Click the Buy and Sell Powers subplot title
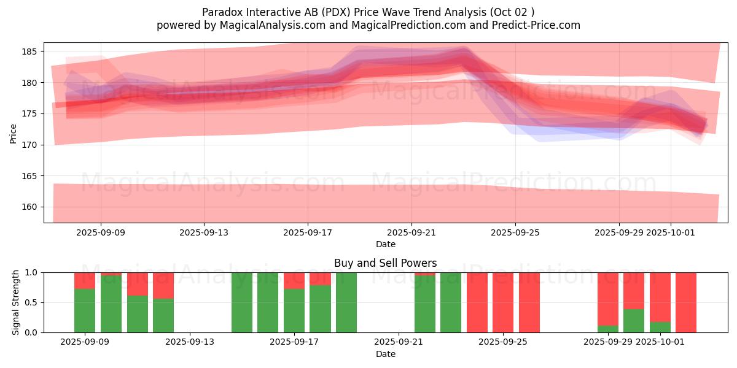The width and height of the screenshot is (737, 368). point(385,263)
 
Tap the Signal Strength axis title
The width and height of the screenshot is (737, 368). point(16,302)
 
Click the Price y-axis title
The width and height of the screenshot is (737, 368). point(14,133)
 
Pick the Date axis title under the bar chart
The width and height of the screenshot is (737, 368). point(385,354)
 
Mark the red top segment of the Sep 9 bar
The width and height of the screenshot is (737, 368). point(85,280)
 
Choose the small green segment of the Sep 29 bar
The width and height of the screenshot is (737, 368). point(608,329)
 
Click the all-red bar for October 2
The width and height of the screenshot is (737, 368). point(686,302)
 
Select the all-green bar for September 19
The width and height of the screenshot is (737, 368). point(346,302)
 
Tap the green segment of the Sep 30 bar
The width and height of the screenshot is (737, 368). point(634,321)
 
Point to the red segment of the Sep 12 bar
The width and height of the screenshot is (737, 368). point(163,285)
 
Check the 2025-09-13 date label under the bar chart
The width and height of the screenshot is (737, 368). point(190,342)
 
